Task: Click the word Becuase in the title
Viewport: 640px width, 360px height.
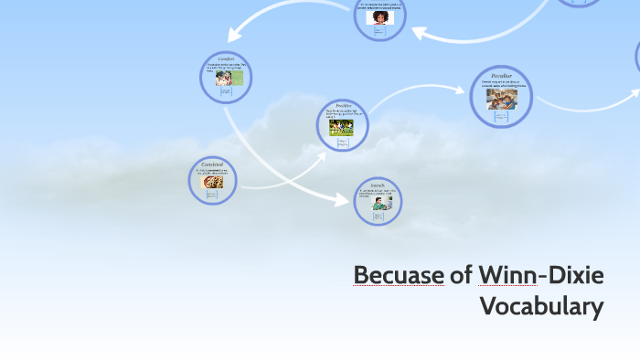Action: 398,275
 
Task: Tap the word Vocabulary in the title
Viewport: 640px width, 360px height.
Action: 542,306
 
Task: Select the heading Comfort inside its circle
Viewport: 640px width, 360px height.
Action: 226,59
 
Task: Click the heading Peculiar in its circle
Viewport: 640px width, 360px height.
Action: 501,75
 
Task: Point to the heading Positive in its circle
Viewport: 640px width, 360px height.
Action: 343,105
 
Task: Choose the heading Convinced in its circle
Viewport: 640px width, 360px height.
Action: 212,164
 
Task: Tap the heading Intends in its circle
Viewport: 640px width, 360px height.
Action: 378,185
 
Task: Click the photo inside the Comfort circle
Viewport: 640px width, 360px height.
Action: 224,79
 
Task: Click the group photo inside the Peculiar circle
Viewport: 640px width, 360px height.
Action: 501,97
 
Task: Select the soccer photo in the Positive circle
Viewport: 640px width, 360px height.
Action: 341,127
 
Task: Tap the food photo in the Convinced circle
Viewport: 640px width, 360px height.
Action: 212,182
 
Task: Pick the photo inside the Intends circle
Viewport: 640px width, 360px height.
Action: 379,205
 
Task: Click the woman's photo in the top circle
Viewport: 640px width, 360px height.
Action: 378,16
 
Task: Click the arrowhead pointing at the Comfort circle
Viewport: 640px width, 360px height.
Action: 234,36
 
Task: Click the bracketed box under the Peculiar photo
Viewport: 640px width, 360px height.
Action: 501,115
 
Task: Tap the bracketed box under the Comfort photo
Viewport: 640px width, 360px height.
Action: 225,92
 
